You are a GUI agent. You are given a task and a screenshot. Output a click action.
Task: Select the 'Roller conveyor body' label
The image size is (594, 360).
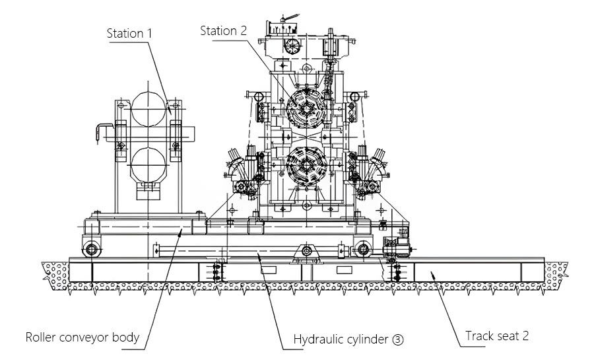(x=82, y=338)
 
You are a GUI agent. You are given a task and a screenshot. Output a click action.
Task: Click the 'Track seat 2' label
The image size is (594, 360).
(x=496, y=336)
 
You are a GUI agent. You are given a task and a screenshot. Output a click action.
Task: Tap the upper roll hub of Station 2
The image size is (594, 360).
(x=307, y=108)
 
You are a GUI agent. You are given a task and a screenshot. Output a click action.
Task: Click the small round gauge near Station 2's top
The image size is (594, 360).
(x=291, y=44)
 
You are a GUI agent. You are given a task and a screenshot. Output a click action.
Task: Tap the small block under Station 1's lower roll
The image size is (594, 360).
(x=149, y=192)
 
